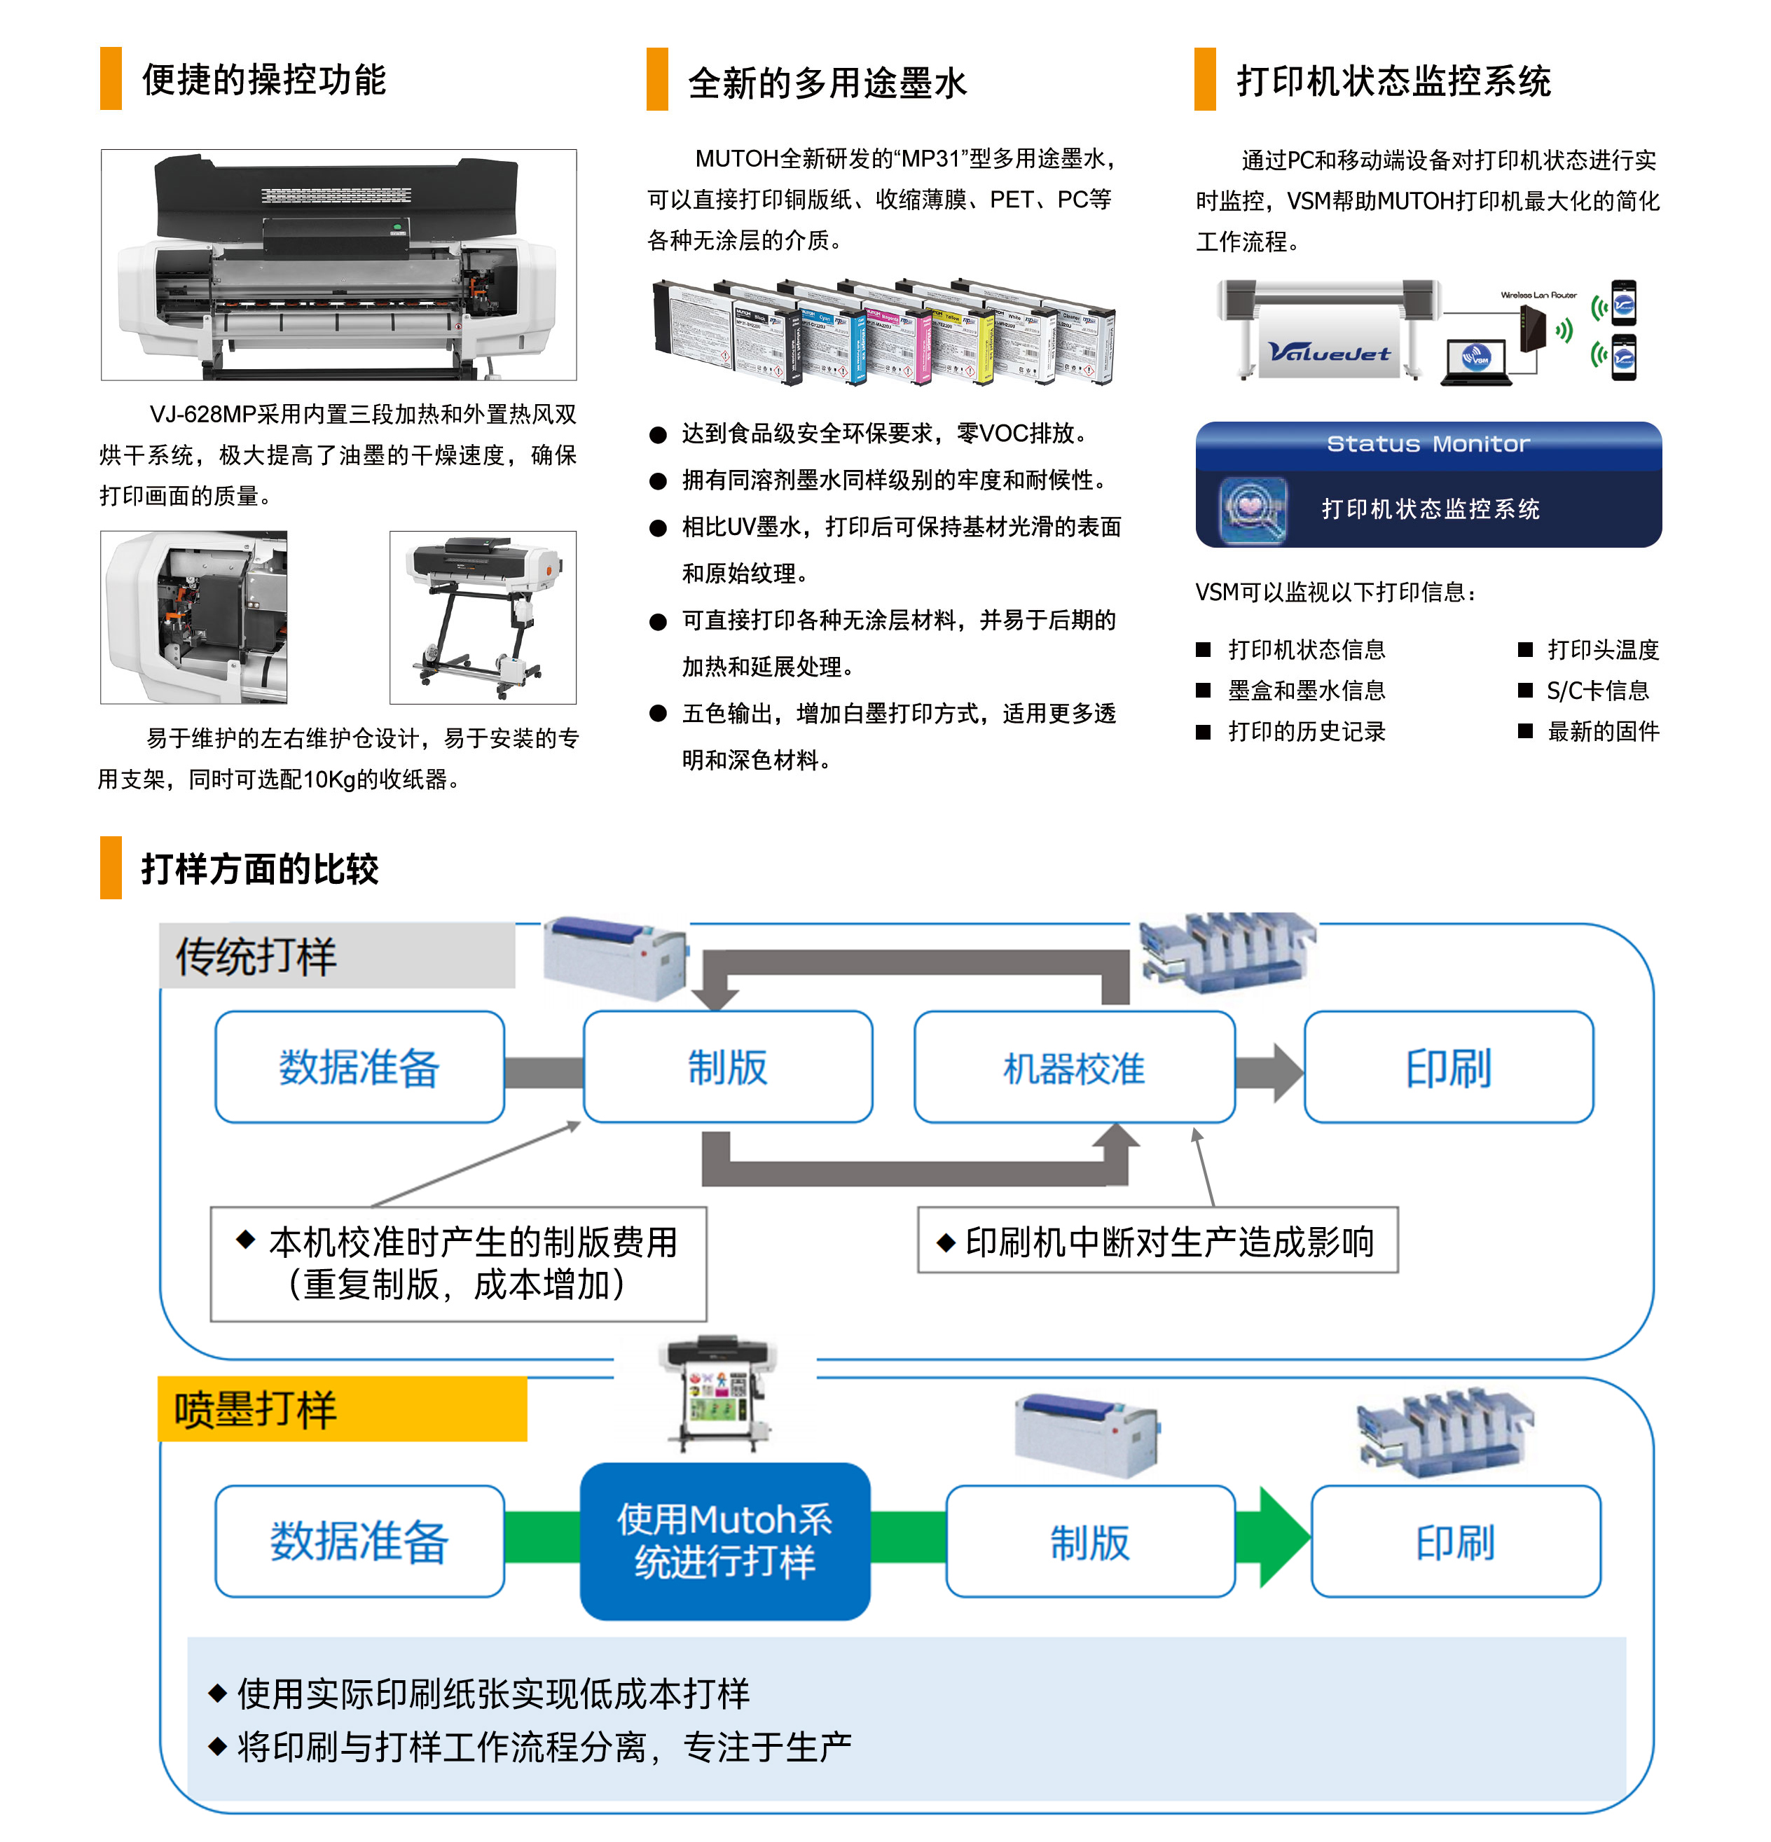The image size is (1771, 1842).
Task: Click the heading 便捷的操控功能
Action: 263,80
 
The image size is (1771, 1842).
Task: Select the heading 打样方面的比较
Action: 259,868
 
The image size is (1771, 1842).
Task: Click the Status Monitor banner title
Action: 1427,443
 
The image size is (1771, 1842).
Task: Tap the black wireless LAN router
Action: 1532,330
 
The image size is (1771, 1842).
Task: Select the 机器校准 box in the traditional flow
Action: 1073,1067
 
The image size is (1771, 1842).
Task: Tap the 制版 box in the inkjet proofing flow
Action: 1089,1542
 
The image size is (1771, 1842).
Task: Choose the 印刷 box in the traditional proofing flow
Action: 1447,1067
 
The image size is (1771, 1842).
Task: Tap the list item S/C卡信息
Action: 1597,691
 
